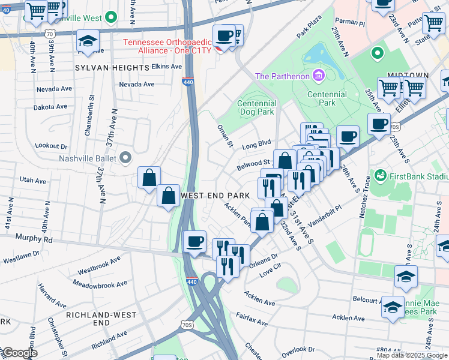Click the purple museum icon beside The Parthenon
318,76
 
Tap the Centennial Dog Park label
256,107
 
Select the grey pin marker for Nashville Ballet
125,158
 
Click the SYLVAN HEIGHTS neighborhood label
112,68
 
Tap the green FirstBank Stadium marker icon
379,176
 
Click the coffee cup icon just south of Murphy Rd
194,242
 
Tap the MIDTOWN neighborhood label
408,75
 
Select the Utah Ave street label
32,180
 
